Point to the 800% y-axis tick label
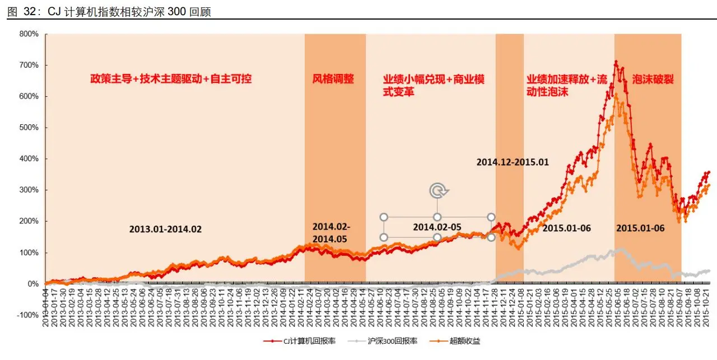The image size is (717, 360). pyautogui.click(x=29, y=34)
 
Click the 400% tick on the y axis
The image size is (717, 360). pyautogui.click(x=29, y=159)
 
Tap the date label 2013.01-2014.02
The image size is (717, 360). pyautogui.click(x=165, y=230)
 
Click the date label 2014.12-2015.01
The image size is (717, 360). pyautogui.click(x=513, y=162)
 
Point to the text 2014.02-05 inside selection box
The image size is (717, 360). pyautogui.click(x=437, y=227)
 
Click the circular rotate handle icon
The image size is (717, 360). pyautogui.click(x=437, y=191)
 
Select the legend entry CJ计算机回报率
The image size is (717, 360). pyautogui.click(x=300, y=340)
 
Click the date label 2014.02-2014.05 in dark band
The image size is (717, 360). pyautogui.click(x=331, y=232)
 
